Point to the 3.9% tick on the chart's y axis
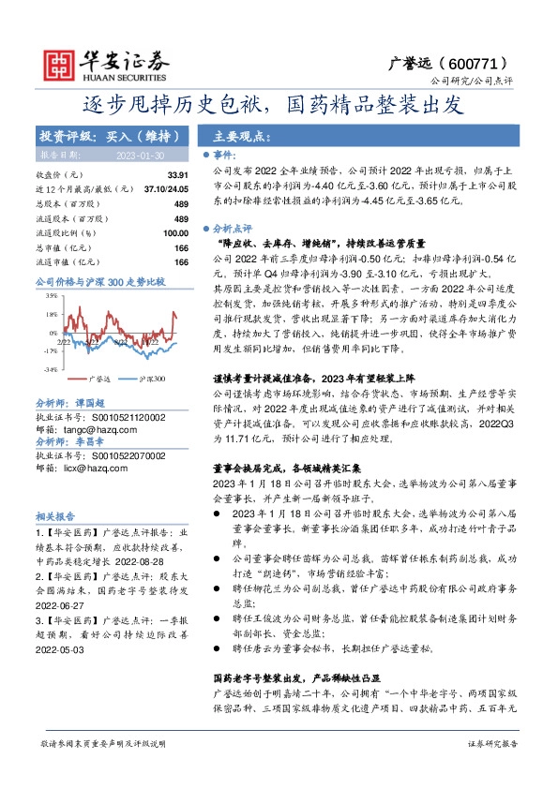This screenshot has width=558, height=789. (50, 295)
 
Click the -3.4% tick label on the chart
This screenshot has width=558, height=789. (49, 369)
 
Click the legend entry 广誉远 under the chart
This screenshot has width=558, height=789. (99, 379)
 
